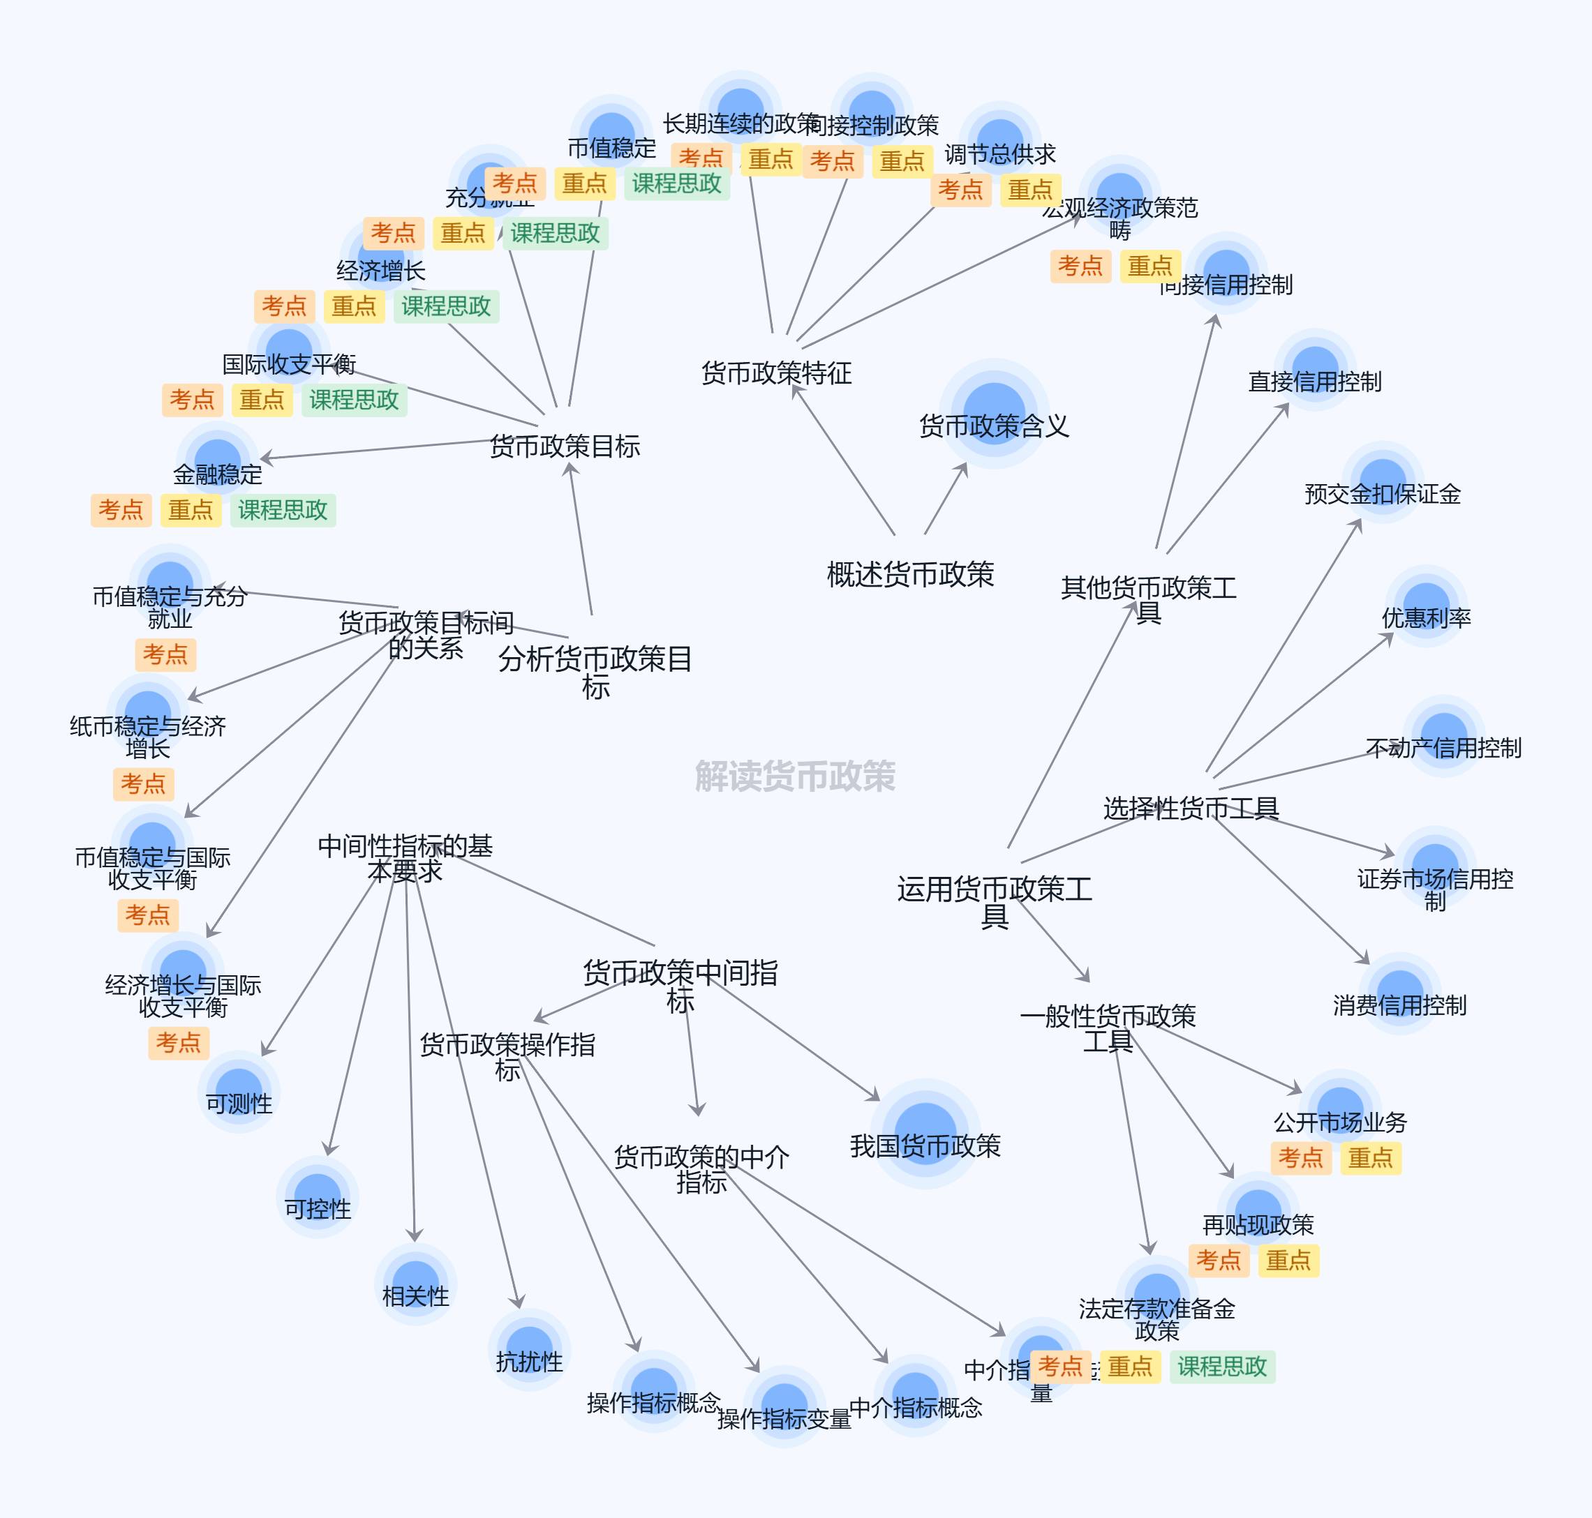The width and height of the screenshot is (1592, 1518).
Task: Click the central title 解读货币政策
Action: click(x=795, y=776)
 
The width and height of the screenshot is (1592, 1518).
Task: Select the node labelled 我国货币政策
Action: click(x=925, y=1133)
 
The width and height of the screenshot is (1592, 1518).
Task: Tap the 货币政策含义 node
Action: click(x=994, y=413)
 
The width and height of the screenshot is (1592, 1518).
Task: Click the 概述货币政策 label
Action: click(x=909, y=575)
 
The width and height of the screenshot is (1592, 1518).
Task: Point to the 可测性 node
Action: click(x=239, y=1092)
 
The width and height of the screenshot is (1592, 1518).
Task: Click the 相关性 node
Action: click(x=415, y=1284)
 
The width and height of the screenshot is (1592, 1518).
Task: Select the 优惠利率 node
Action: click(x=1425, y=606)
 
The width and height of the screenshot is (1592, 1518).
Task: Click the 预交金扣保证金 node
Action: click(x=1383, y=482)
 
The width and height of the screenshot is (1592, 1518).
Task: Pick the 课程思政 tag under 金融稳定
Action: click(x=283, y=511)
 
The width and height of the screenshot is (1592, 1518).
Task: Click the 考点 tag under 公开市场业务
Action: click(x=1300, y=1158)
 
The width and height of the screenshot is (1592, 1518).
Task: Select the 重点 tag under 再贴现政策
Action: click(x=1288, y=1261)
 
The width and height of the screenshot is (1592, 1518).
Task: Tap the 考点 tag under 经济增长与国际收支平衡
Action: click(x=178, y=1042)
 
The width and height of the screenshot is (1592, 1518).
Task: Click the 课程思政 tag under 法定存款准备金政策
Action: click(x=1221, y=1367)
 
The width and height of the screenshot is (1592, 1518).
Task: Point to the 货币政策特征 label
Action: click(x=776, y=373)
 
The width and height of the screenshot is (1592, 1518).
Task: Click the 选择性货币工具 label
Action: click(x=1191, y=808)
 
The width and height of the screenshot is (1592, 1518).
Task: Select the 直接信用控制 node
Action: click(x=1314, y=370)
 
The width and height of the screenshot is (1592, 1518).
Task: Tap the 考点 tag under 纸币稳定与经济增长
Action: click(x=143, y=784)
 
